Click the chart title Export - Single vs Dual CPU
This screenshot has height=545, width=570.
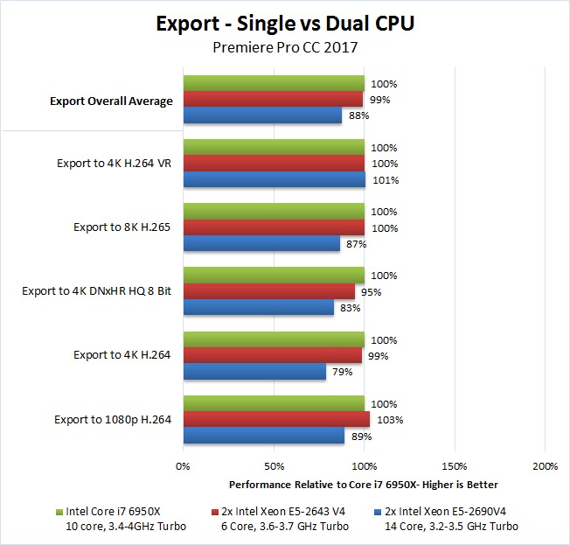(x=284, y=24)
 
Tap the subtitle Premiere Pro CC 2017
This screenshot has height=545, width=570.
(x=284, y=47)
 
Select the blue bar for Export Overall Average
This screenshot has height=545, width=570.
(x=262, y=116)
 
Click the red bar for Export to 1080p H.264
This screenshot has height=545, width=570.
(x=276, y=420)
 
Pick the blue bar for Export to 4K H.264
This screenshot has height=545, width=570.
(x=254, y=372)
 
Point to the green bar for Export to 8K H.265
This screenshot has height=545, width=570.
(x=274, y=212)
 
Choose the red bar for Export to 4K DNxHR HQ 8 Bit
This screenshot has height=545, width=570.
(x=269, y=291)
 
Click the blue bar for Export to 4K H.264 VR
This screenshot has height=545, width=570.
(x=275, y=180)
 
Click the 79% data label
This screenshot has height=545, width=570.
(x=341, y=373)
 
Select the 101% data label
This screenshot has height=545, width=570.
(x=385, y=181)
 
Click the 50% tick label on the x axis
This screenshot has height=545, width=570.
(x=274, y=465)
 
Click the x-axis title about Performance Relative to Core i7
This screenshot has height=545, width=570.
(x=363, y=484)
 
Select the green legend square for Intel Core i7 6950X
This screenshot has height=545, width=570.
(x=57, y=511)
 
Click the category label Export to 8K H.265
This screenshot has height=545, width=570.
(x=122, y=227)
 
